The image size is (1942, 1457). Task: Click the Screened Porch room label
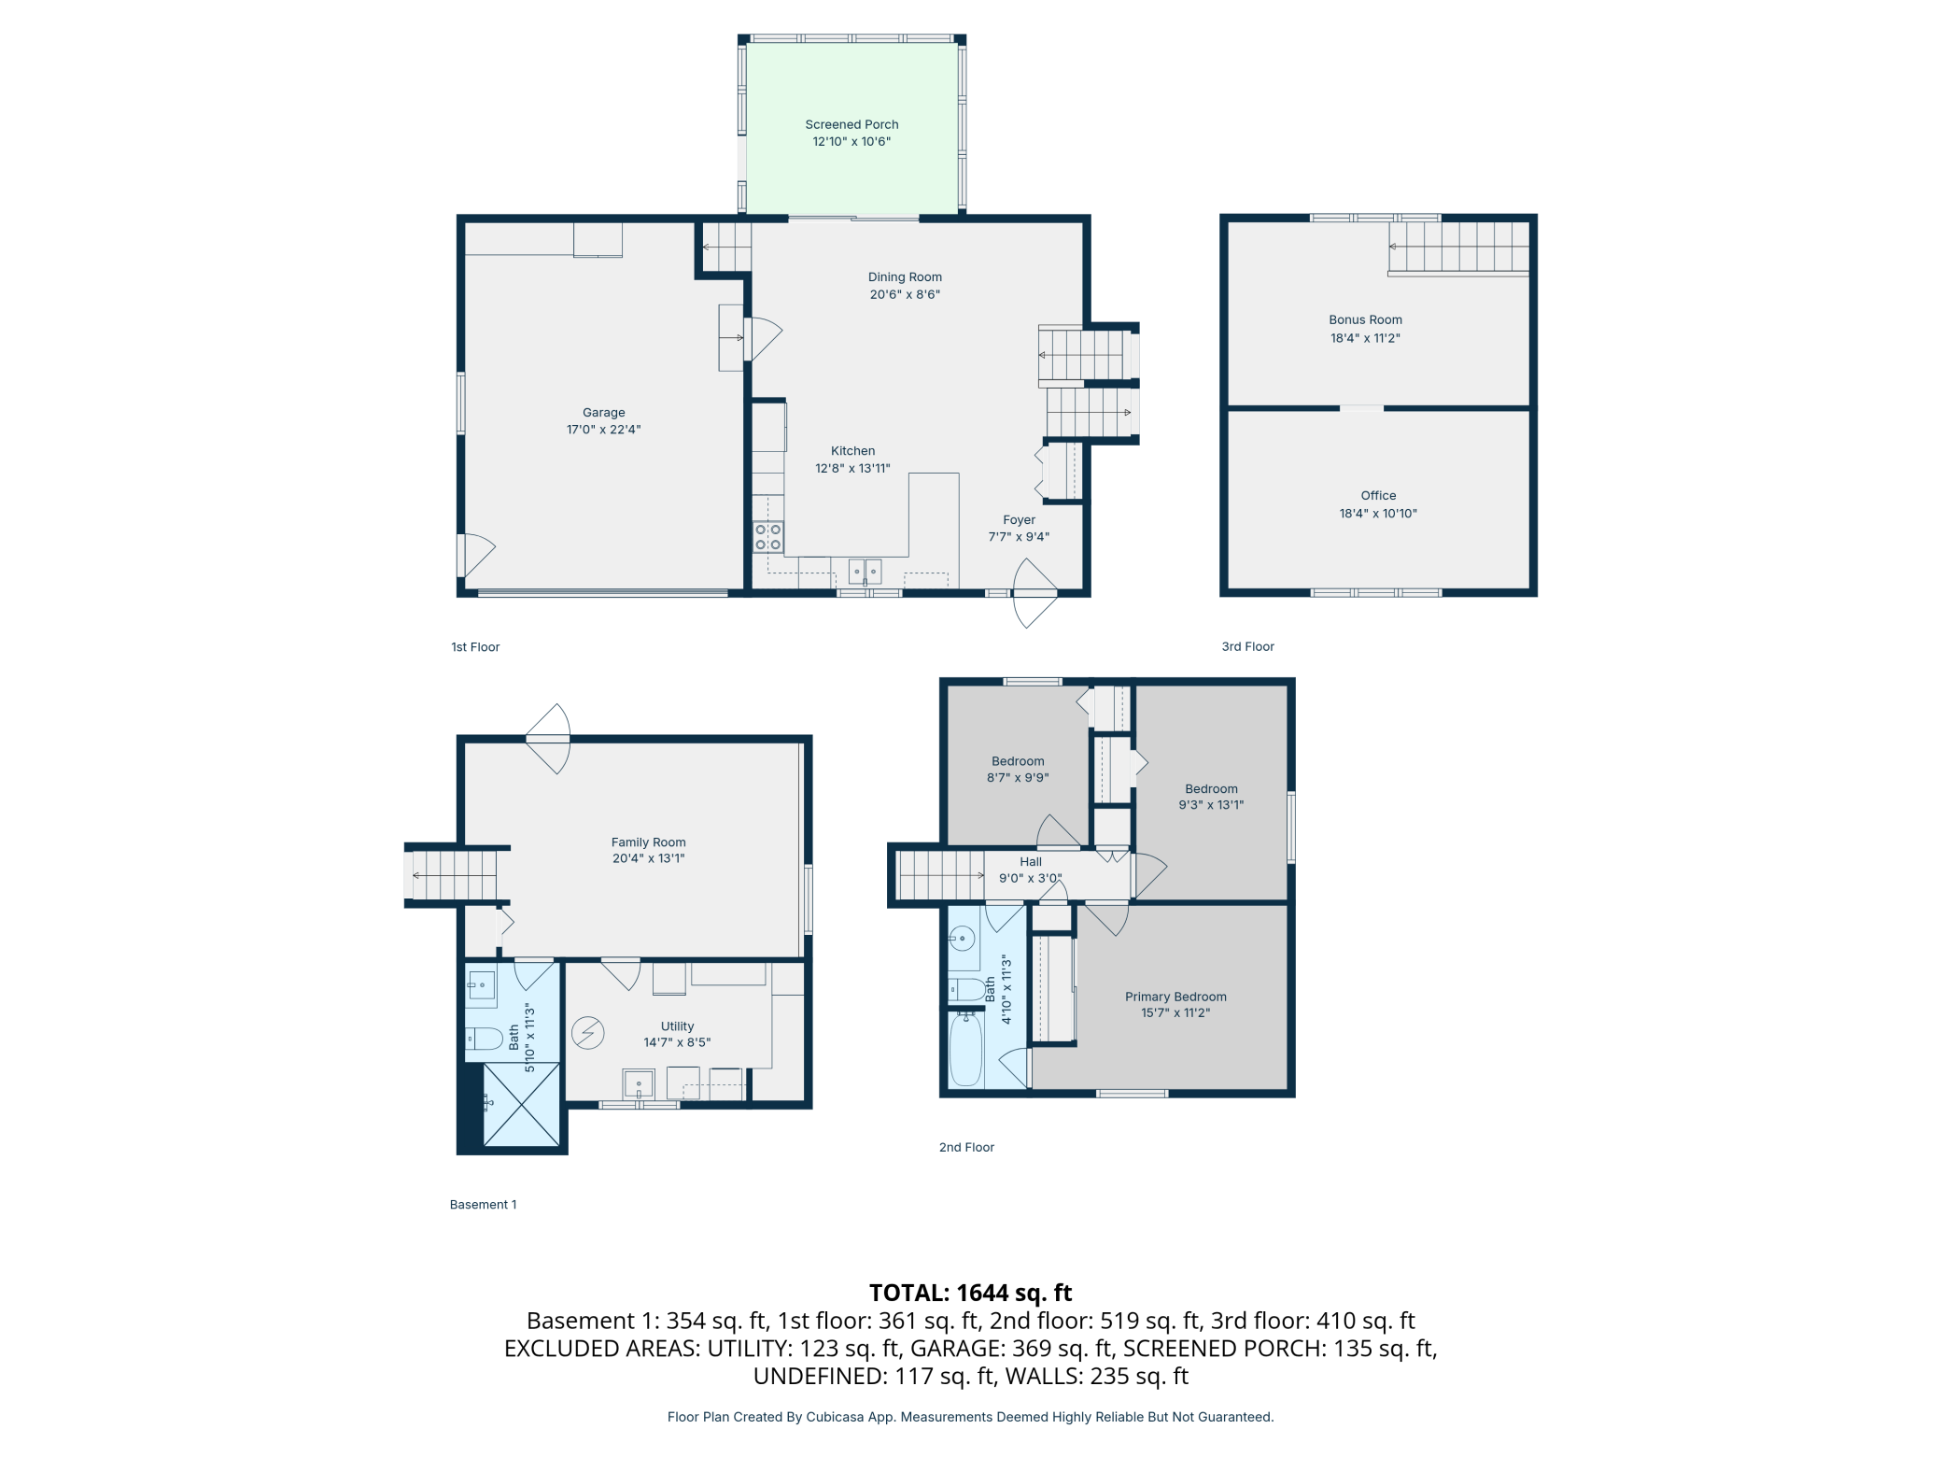(x=851, y=124)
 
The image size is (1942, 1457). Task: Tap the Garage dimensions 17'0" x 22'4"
(x=603, y=430)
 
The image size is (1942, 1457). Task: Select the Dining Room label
(x=905, y=276)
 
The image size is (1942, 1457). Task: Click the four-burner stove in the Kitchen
(x=768, y=537)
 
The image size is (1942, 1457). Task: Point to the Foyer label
(x=1019, y=520)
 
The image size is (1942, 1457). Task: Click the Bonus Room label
(x=1365, y=319)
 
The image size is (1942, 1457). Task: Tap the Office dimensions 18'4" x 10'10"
(x=1378, y=514)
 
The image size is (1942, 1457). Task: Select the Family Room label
(x=648, y=842)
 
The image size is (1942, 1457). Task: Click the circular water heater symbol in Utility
(x=588, y=1033)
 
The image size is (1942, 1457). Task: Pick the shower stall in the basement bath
(x=521, y=1105)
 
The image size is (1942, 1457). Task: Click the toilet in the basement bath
(x=484, y=1039)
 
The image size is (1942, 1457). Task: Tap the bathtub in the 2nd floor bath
(x=966, y=1051)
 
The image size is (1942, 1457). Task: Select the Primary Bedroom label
(x=1175, y=997)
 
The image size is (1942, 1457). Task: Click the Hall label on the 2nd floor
(x=1031, y=862)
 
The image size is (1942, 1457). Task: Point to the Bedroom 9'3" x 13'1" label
(x=1211, y=797)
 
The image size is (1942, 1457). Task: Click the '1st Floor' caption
(x=475, y=647)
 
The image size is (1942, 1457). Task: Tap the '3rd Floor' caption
(x=1247, y=646)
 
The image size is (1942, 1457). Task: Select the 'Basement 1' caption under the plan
(x=483, y=1205)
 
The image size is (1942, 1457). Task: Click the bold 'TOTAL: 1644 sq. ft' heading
(x=970, y=1293)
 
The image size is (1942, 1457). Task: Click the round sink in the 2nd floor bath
(x=962, y=938)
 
